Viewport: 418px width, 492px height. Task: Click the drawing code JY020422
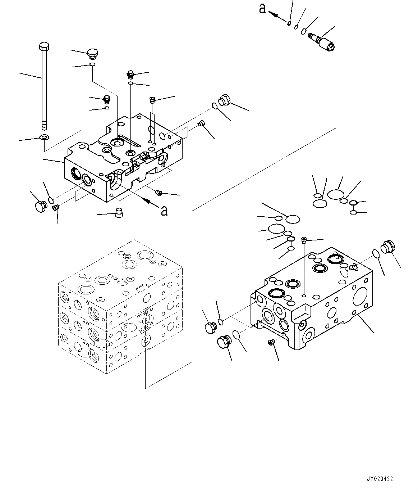(380, 479)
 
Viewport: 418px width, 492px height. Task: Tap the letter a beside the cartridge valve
(263, 9)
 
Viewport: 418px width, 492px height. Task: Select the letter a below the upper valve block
(164, 211)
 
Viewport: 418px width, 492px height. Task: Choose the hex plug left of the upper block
(40, 206)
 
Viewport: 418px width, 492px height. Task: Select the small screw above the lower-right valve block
(304, 240)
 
